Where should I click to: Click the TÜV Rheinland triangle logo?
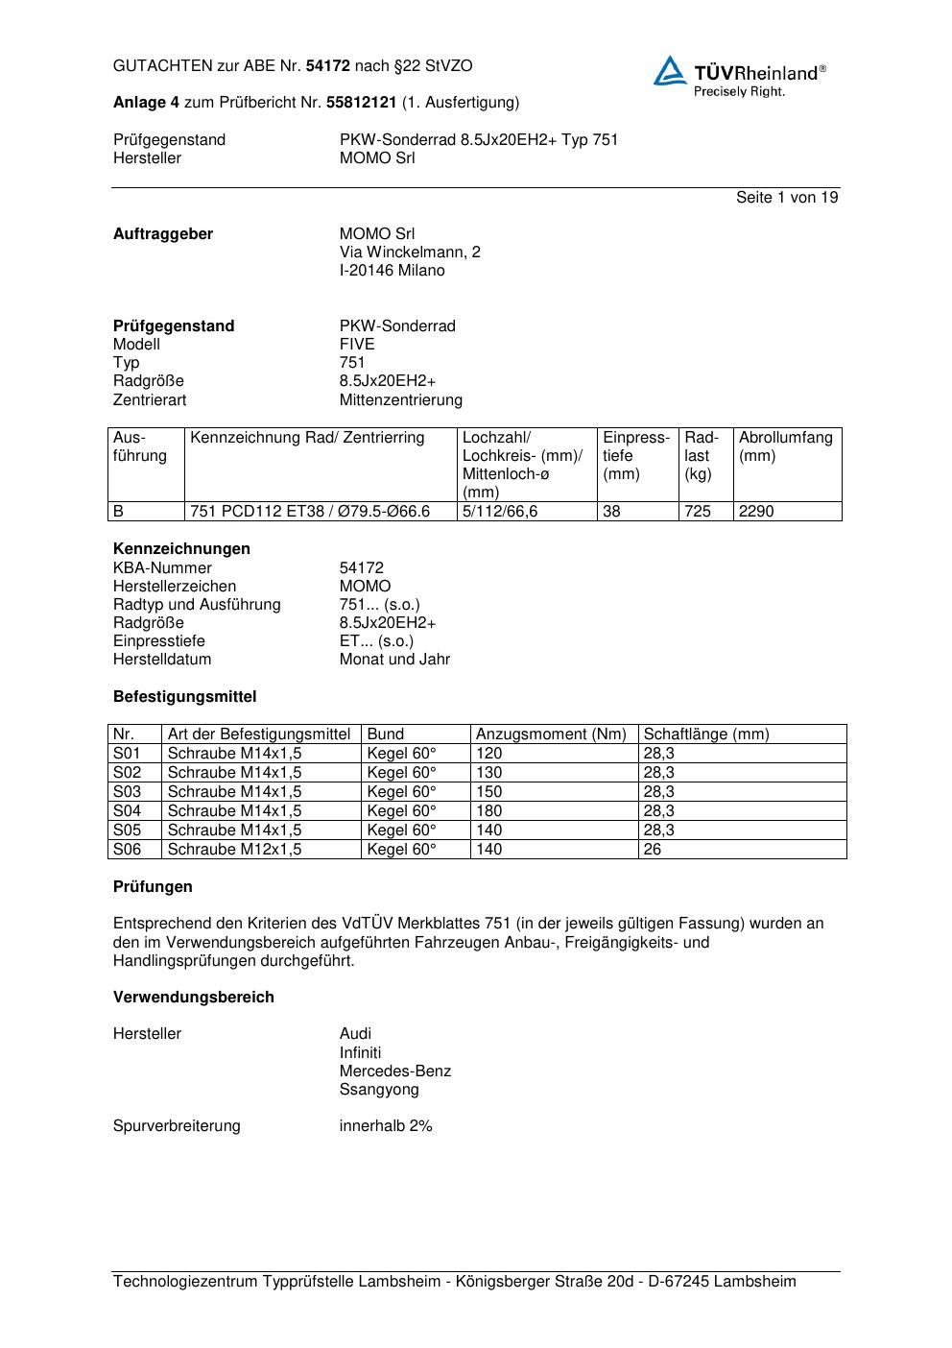[670, 71]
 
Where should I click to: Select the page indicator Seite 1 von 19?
[787, 197]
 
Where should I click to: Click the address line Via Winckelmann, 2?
[410, 252]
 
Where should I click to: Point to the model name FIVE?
[357, 344]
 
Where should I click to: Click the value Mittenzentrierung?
[400, 399]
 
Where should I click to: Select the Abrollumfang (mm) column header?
[785, 446]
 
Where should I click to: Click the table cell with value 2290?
[756, 512]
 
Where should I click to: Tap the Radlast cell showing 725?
[698, 512]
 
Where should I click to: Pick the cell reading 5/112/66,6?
[500, 512]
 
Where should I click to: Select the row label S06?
[127, 849]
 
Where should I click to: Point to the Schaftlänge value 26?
[653, 849]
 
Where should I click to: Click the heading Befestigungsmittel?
[184, 696]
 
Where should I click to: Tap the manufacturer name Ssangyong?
[379, 1089]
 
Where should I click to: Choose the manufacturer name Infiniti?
[360, 1052]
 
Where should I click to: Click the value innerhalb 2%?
[386, 1125]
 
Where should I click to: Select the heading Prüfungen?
[153, 886]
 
